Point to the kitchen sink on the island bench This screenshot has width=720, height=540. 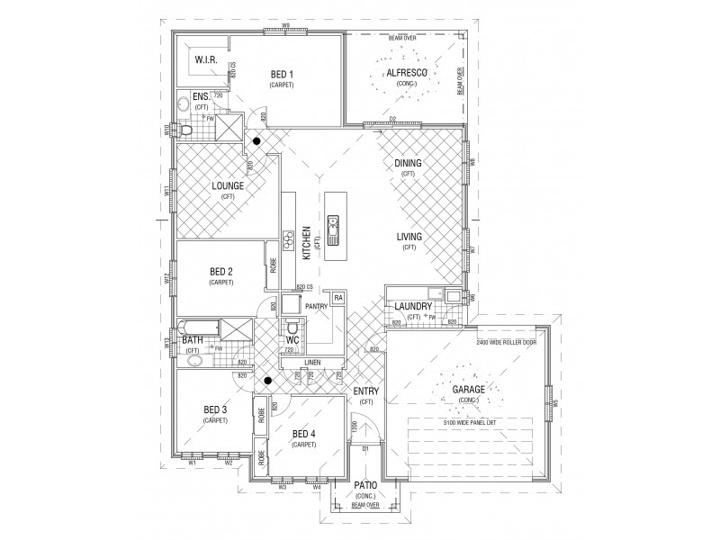point(334,230)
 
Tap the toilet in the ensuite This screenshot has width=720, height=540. point(186,131)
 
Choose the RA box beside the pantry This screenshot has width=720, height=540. point(338,297)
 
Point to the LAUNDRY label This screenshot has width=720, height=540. point(414,307)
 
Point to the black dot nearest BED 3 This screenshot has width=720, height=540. point(256,382)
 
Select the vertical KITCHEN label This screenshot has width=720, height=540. point(306,243)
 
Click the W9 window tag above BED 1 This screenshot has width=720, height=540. point(284,24)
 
